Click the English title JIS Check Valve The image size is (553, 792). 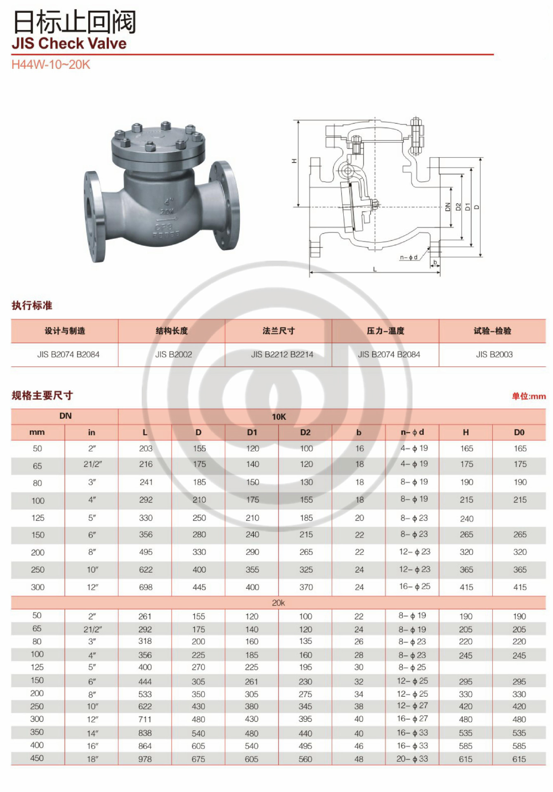[69, 43]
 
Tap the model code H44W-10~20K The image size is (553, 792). [50, 65]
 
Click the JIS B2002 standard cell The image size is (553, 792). [173, 354]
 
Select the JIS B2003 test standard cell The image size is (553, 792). [494, 354]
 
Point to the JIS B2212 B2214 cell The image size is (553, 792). [282, 354]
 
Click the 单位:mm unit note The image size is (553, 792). [529, 396]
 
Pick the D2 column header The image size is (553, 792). [305, 432]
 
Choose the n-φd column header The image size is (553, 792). [412, 432]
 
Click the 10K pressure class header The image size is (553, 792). [279, 417]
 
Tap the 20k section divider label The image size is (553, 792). [279, 603]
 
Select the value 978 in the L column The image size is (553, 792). [145, 759]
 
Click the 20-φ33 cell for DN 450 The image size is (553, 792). [412, 759]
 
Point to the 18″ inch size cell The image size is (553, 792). [92, 759]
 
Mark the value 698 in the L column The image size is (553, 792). [146, 587]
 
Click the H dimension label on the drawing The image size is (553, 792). [294, 161]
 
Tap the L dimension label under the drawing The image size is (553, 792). [375, 269]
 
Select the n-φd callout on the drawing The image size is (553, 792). [409, 257]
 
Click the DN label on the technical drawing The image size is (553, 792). [448, 207]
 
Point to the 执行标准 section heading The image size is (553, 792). [32, 306]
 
